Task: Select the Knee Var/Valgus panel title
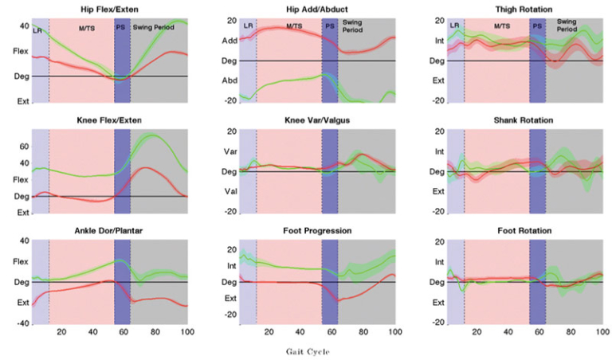316,120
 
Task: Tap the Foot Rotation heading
524,230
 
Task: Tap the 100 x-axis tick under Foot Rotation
602,331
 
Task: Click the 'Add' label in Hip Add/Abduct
229,40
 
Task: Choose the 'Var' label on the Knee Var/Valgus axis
229,151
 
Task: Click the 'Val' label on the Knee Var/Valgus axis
229,192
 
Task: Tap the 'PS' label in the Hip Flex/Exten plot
122,28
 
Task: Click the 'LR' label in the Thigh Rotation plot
454,25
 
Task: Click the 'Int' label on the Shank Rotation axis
437,151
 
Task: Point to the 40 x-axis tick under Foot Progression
300,331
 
